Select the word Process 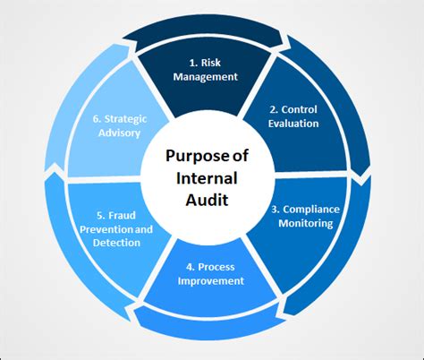(x=217, y=266)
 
